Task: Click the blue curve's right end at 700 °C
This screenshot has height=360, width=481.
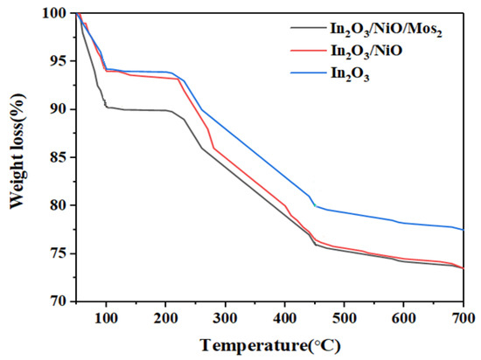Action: point(463,230)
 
